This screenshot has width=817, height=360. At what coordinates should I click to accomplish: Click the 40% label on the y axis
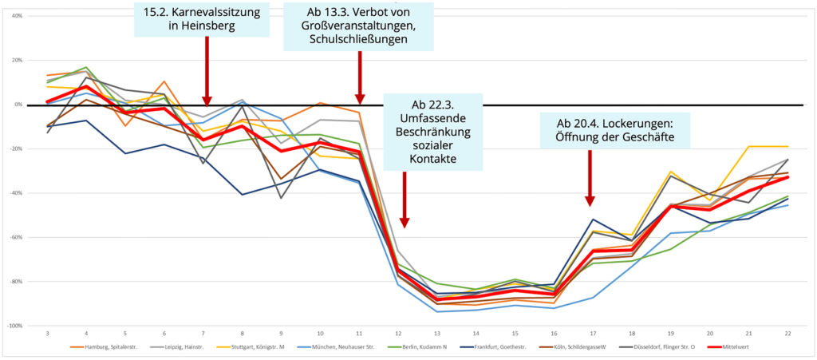[14, 16]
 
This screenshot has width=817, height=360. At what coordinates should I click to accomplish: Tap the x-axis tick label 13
[437, 333]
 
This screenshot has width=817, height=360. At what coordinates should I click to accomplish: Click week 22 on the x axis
[787, 333]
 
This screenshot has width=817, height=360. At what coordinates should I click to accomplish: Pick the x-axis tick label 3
[48, 333]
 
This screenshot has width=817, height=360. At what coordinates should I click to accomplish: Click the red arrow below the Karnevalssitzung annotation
[207, 76]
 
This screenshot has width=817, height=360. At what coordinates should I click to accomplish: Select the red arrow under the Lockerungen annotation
[590, 180]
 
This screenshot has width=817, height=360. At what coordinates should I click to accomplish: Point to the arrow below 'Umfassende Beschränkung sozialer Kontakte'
[405, 200]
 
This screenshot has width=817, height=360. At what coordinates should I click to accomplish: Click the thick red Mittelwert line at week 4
[86, 86]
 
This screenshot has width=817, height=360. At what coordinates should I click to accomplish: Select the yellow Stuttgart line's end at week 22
[787, 146]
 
